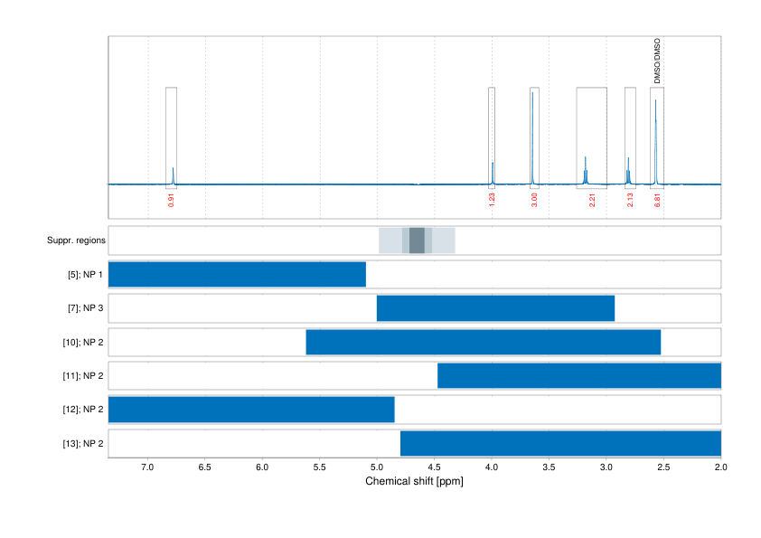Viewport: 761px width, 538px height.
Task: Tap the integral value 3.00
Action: (534, 198)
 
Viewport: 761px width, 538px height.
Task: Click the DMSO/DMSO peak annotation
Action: (657, 61)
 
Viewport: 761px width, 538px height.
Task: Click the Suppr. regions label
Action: (76, 241)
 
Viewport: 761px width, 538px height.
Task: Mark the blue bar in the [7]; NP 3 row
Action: (495, 308)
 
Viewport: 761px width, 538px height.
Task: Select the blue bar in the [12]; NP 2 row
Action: (251, 410)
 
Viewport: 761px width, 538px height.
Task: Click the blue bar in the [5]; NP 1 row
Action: (237, 274)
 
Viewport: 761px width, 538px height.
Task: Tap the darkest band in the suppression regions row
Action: (417, 241)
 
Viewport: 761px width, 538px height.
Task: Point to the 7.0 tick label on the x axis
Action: (148, 467)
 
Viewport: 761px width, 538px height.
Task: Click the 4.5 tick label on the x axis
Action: (435, 467)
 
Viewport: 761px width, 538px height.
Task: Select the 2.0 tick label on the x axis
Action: (720, 467)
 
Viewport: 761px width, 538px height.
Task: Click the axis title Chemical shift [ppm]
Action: (414, 481)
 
